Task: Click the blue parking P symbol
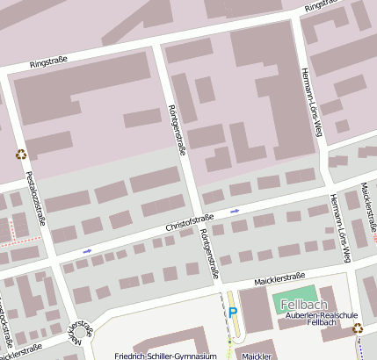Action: (x=233, y=312)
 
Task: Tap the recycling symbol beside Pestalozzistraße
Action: (x=20, y=155)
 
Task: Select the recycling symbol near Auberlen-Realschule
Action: (x=359, y=328)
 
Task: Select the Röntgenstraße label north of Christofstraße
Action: (x=177, y=129)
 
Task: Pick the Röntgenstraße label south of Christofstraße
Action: (x=207, y=256)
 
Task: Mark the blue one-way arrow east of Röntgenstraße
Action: (x=235, y=211)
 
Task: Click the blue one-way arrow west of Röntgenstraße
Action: (x=87, y=251)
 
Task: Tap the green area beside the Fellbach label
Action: (x=299, y=294)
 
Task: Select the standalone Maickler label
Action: (x=257, y=356)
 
